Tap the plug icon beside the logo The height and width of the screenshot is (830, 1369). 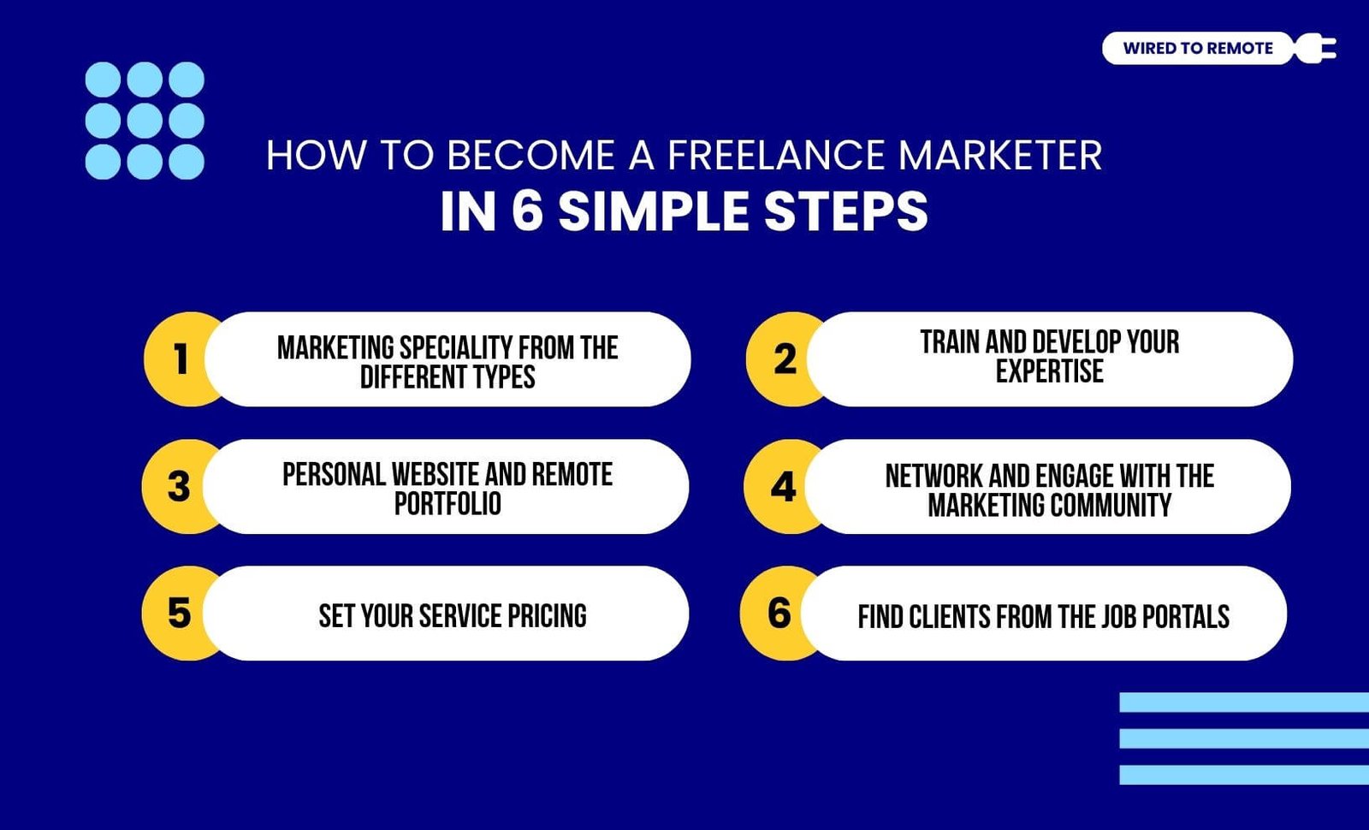1315,48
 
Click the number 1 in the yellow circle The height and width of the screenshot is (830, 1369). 181,359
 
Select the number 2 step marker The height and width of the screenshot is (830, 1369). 785,359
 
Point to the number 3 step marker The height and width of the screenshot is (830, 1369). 179,487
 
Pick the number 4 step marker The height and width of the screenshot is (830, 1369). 784,487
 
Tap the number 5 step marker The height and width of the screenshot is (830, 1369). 179,613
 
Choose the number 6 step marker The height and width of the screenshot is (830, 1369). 779,613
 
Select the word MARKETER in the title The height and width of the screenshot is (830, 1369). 1000,155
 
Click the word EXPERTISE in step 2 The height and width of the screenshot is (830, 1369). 1049,371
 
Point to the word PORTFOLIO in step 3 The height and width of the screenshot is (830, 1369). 447,504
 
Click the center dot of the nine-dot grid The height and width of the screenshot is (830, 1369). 145,121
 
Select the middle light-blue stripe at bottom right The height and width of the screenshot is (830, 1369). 1244,738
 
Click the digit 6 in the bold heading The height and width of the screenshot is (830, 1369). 527,211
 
